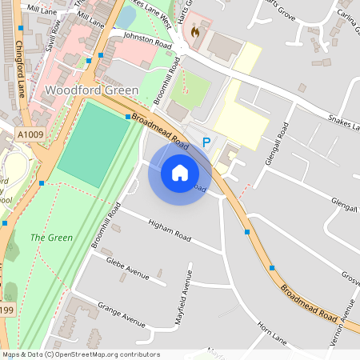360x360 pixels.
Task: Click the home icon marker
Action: coord(179,173)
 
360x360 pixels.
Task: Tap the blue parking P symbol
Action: coord(206,142)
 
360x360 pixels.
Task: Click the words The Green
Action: coord(52,238)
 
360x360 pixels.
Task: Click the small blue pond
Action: coord(127,16)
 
